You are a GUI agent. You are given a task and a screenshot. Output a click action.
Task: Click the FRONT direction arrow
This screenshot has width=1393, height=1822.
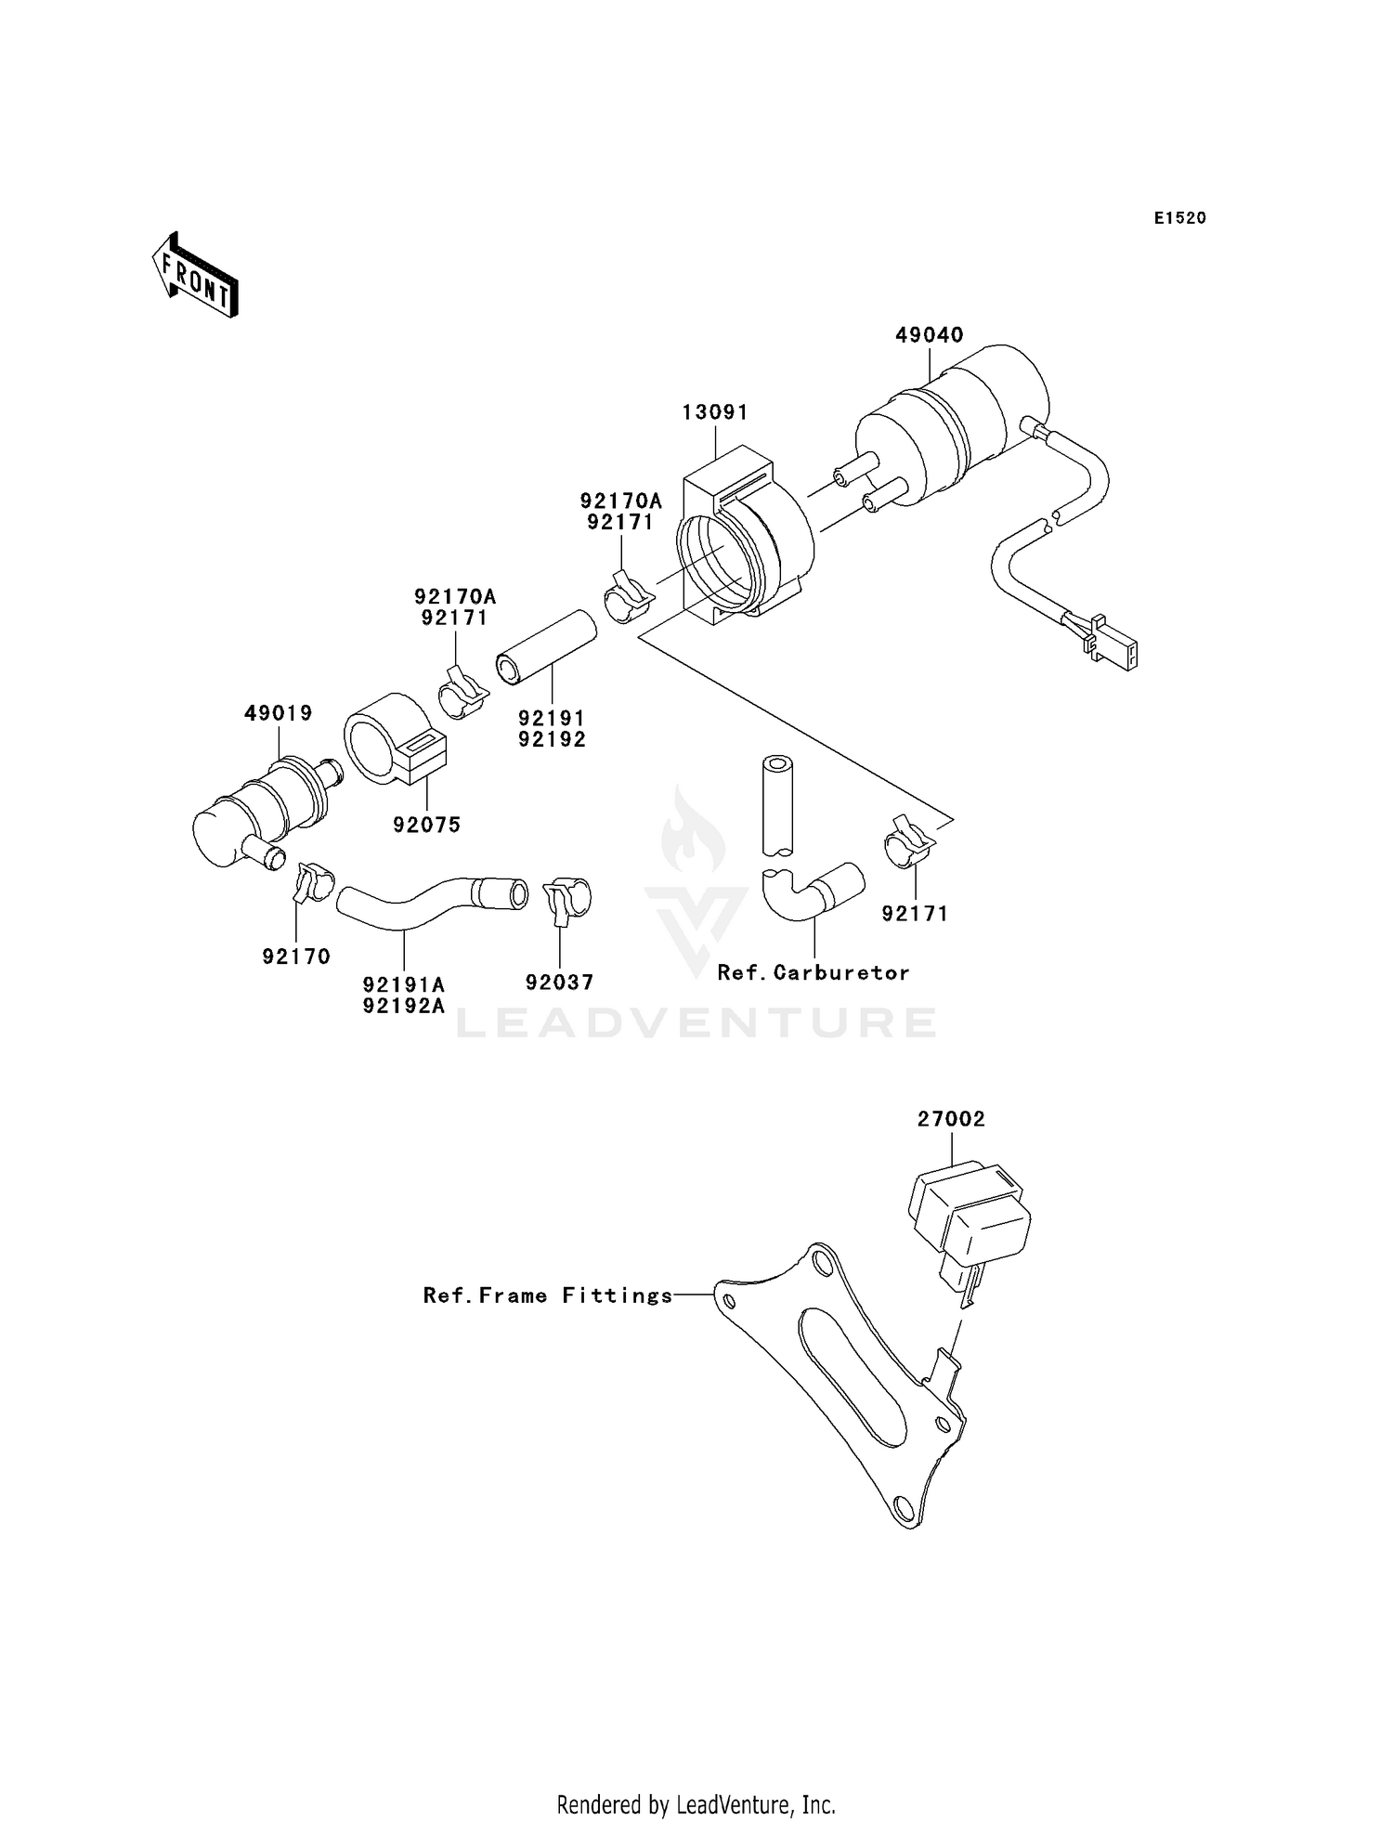pyautogui.click(x=196, y=276)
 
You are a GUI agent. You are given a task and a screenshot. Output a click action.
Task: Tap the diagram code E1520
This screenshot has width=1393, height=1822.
pyautogui.click(x=1179, y=218)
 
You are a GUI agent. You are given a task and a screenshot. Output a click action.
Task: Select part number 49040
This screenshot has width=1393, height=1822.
pyautogui.click(x=929, y=335)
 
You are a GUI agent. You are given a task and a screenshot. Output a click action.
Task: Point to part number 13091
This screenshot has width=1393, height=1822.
pyautogui.click(x=715, y=412)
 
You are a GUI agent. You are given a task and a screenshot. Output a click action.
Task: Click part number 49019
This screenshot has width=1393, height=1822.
pyautogui.click(x=279, y=713)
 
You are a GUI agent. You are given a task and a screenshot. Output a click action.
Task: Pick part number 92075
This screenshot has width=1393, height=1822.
pyautogui.click(x=426, y=825)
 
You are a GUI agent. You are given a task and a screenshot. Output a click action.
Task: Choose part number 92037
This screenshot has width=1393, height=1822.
pyautogui.click(x=559, y=983)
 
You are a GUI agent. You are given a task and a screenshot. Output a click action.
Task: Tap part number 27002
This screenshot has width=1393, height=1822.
pyautogui.click(x=951, y=1120)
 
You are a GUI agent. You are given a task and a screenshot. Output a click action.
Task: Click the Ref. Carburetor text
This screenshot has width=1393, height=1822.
pyautogui.click(x=813, y=972)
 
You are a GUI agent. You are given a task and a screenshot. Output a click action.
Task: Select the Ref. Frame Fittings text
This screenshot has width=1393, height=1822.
pyautogui.click(x=548, y=1295)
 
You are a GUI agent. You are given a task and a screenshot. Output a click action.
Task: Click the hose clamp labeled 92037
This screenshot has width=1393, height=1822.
pyautogui.click(x=566, y=899)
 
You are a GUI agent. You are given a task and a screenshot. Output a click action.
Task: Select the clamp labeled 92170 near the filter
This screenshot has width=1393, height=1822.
pyautogui.click(x=312, y=881)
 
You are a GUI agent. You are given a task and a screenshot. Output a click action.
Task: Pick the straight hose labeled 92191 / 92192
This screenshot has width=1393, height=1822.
pyautogui.click(x=546, y=647)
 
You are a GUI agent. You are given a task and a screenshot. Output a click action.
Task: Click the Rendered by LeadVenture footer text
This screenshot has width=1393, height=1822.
pyautogui.click(x=696, y=1804)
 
